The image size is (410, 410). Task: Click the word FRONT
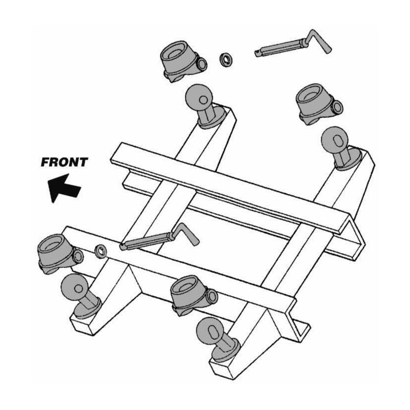pos(65,162)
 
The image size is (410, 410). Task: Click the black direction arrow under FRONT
pos(64,188)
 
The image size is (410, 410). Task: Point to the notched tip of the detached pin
pos(257,53)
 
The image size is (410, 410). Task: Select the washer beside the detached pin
pos(226,59)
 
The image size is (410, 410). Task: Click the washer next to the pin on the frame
pos(100,251)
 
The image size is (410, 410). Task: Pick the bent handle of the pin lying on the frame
pos(185,234)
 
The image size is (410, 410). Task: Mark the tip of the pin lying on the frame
pos(122,247)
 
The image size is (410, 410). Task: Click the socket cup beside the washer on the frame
pos(60,254)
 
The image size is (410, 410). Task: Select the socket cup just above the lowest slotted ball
pos(194,295)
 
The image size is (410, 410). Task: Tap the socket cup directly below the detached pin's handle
pos(319,104)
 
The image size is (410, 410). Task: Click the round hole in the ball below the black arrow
pos(78,289)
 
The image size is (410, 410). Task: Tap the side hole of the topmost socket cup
pos(202,64)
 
